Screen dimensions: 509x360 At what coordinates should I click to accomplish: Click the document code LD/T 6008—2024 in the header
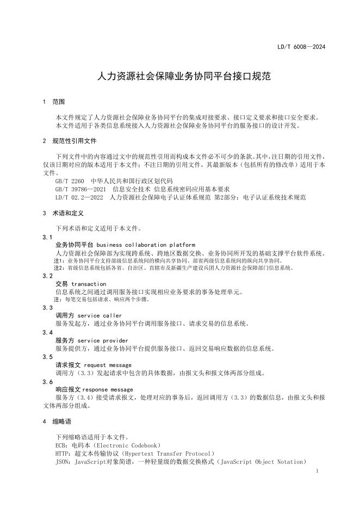click(x=301, y=47)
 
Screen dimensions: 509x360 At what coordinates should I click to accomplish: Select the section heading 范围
click(x=58, y=102)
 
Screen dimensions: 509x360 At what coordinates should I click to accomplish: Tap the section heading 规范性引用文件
click(x=74, y=141)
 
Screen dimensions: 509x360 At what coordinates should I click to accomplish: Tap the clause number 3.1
click(x=47, y=237)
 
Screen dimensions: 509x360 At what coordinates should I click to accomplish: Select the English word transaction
click(x=88, y=284)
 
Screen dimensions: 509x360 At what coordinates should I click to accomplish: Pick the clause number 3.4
click(x=47, y=332)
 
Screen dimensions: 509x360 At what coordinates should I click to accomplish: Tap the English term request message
click(x=108, y=365)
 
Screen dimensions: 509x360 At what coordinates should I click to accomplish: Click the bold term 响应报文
click(x=69, y=389)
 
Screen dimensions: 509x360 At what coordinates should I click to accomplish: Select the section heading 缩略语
click(x=61, y=421)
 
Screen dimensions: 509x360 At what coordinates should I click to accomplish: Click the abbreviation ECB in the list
click(x=61, y=445)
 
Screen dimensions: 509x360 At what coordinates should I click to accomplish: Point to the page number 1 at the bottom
click(x=316, y=471)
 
